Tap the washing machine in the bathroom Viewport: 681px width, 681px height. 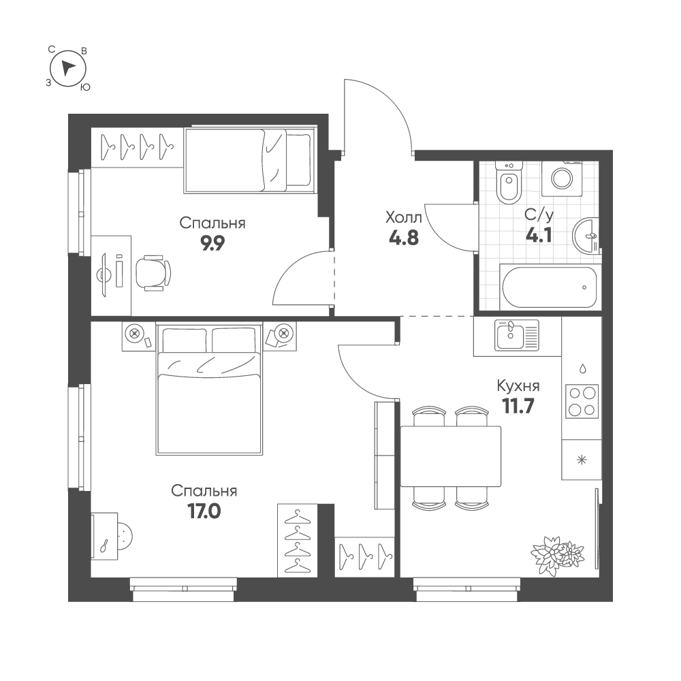coord(563,178)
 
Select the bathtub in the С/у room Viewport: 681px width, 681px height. coord(550,287)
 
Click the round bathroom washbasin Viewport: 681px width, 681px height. coord(586,236)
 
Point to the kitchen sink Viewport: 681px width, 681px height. coord(517,335)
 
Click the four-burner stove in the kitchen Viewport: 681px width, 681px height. coord(582,401)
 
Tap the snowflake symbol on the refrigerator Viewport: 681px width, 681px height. coord(581,460)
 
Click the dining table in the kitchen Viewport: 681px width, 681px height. coord(450,456)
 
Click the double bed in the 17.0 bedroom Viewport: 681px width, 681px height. coord(209,389)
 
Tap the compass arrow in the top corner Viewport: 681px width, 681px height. coord(67,67)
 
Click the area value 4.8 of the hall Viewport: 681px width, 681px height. coord(404,238)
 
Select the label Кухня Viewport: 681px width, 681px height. coord(518,385)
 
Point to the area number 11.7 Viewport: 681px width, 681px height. coord(518,407)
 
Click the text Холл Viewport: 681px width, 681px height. coord(403,217)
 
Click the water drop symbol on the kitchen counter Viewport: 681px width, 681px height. coord(582,368)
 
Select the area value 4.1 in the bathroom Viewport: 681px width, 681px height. coord(539,236)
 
